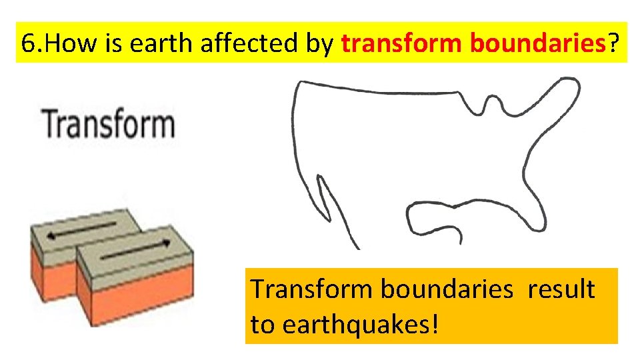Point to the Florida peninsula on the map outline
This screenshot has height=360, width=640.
427,219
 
